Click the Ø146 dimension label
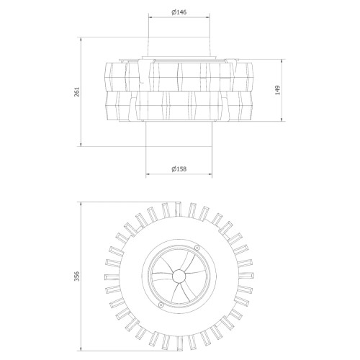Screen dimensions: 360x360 tap(179, 12)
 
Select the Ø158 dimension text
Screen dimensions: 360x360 tap(179, 169)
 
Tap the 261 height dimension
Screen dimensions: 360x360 tap(77, 91)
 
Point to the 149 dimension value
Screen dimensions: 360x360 tap(277, 90)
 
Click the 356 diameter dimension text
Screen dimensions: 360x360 tap(77, 276)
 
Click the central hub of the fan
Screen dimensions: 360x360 tap(179, 276)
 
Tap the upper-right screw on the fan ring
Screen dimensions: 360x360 tap(197, 248)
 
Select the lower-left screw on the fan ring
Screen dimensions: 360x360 tap(161, 305)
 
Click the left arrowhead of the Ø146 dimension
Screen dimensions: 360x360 tap(150, 17)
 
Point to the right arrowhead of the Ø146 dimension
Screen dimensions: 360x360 tap(208, 17)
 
